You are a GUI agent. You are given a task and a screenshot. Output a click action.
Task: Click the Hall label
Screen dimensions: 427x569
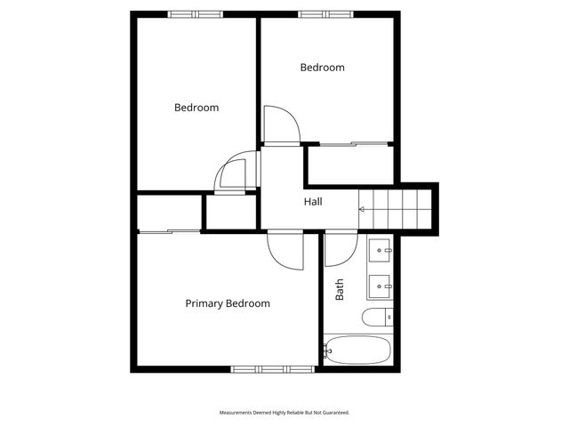tap(313, 202)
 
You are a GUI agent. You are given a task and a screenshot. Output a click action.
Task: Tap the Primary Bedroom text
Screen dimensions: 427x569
tap(228, 303)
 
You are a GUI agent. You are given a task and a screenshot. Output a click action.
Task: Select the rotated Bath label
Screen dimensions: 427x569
tap(340, 289)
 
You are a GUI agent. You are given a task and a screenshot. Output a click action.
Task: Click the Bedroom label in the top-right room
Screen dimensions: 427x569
tap(322, 67)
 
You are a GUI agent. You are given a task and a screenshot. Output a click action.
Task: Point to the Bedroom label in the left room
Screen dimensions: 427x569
tap(196, 108)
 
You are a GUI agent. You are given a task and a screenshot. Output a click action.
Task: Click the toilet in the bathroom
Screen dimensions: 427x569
tap(377, 317)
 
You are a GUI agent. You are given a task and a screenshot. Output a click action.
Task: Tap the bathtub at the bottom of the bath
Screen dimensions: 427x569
tap(357, 350)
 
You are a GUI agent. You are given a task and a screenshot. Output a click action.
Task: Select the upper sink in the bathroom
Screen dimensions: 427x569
tap(381, 251)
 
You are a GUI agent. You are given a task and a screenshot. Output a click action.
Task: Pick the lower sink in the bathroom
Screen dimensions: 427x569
tap(381, 286)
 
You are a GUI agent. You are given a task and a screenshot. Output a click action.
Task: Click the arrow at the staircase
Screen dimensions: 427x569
tap(362, 210)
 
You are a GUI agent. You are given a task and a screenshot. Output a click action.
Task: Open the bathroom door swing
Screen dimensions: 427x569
tap(339, 249)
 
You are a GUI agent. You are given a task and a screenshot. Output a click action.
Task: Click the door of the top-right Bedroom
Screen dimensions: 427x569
tap(283, 124)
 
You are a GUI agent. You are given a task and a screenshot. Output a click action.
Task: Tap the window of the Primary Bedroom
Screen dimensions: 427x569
tap(261, 368)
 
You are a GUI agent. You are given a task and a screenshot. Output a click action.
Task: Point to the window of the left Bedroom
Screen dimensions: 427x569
tap(196, 14)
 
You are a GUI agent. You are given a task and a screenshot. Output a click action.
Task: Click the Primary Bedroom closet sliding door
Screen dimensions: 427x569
tap(169, 231)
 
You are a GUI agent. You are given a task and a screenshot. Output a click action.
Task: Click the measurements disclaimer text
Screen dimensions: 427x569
tap(284, 413)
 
